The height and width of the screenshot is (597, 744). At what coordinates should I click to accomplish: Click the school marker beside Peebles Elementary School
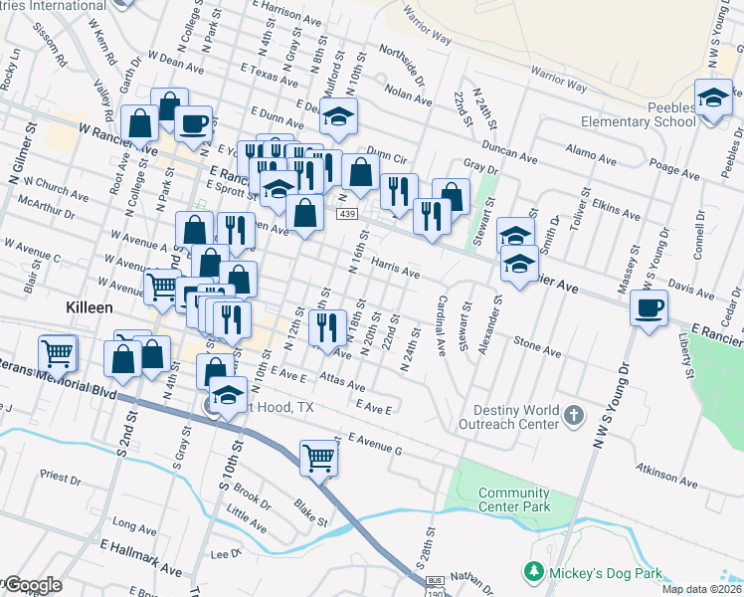click(713, 99)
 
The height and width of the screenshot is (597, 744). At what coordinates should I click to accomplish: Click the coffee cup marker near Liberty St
click(650, 309)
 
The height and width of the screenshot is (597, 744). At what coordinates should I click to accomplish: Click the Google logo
click(33, 585)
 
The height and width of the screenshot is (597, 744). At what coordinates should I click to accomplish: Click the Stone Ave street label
click(538, 346)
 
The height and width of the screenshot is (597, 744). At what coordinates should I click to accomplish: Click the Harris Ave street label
click(395, 269)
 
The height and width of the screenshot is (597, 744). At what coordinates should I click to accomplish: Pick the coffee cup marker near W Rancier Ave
click(193, 123)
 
